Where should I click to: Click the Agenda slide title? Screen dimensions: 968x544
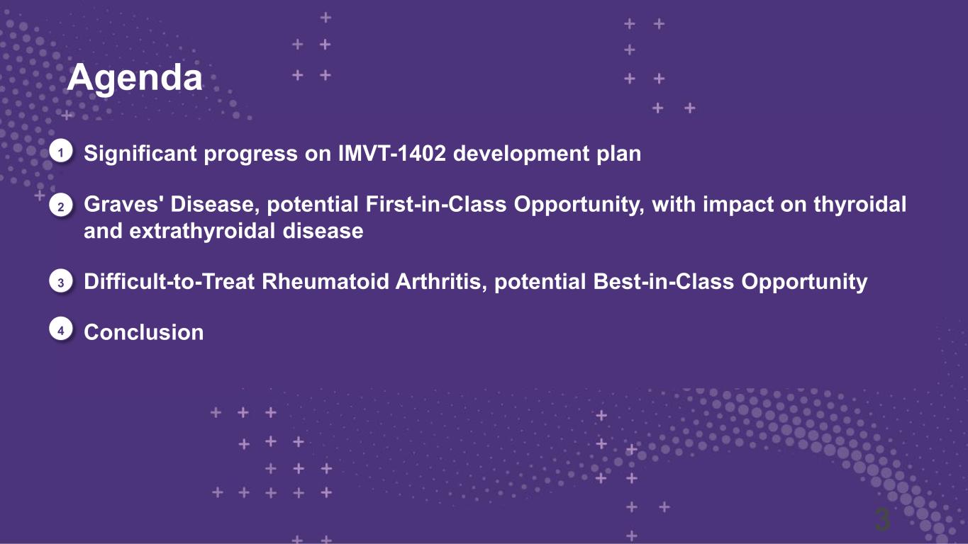pyautogui.click(x=135, y=78)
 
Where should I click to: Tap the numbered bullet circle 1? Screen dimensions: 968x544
pyautogui.click(x=61, y=152)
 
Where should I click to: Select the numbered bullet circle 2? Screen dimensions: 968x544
pyautogui.click(x=61, y=206)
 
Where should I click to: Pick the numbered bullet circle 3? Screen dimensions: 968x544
pyautogui.click(x=61, y=282)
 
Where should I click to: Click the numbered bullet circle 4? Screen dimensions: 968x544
pyautogui.click(x=61, y=330)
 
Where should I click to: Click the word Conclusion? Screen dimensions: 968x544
pyautogui.click(x=143, y=332)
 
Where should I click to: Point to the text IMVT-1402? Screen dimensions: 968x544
pyautogui.click(x=392, y=153)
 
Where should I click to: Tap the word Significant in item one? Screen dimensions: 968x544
pyautogui.click(x=140, y=154)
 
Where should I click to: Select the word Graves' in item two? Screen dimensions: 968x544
pyautogui.click(x=123, y=204)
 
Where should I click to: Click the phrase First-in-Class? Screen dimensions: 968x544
pyautogui.click(x=436, y=204)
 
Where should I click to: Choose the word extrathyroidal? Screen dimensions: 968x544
pyautogui.click(x=202, y=231)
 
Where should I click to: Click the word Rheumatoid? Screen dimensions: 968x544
pyautogui.click(x=326, y=281)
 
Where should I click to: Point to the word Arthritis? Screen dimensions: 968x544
pyautogui.click(x=441, y=282)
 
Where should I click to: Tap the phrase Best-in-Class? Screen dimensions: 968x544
pyautogui.click(x=663, y=281)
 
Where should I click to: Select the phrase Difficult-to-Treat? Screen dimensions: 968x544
pyautogui.click(x=169, y=281)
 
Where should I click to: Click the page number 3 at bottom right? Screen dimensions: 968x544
pyautogui.click(x=882, y=519)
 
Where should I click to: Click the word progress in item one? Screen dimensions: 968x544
pyautogui.click(x=250, y=154)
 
